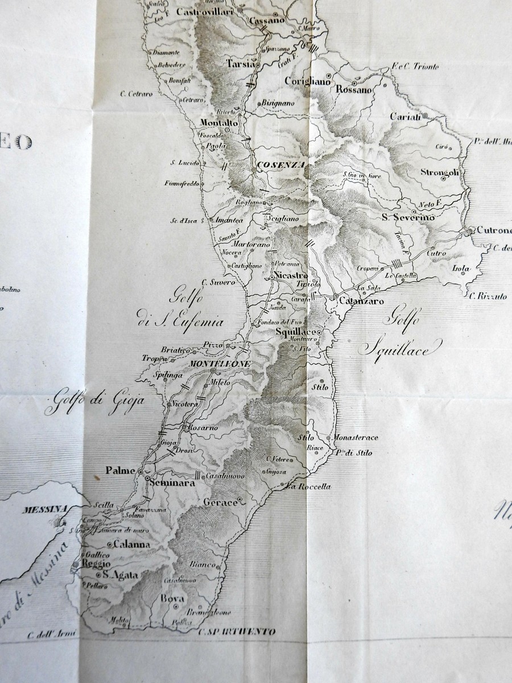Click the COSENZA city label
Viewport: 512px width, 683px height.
click(x=282, y=165)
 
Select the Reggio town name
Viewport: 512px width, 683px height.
click(x=95, y=563)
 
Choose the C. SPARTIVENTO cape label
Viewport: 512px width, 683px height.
click(x=237, y=632)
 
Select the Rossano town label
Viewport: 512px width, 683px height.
click(x=354, y=89)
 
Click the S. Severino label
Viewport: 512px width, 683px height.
click(x=407, y=217)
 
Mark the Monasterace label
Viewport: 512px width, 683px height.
click(x=356, y=438)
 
